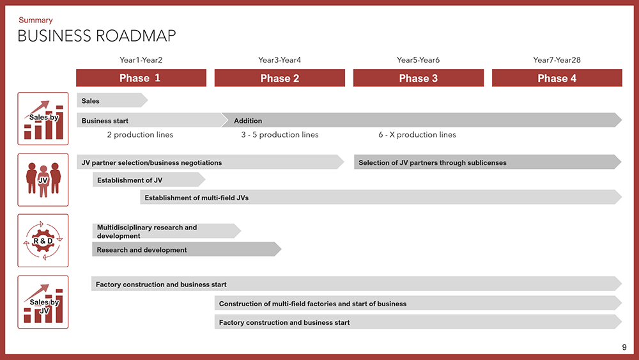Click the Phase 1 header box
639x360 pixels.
tap(141, 78)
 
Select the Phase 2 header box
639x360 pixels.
tap(280, 78)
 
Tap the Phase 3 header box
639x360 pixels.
tap(418, 78)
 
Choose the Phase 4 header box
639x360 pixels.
tap(557, 78)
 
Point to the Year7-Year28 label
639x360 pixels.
tap(557, 60)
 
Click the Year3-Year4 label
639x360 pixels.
tap(280, 60)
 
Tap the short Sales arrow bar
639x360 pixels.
tap(112, 100)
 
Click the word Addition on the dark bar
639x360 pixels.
tap(248, 121)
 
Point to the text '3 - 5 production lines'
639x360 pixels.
tap(280, 134)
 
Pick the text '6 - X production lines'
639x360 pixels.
tap(417, 134)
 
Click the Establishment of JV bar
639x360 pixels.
tap(149, 180)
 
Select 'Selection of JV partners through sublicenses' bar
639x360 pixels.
tap(488, 162)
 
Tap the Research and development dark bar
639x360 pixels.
tap(187, 249)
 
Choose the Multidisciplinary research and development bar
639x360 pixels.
tap(166, 231)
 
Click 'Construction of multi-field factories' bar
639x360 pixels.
tap(418, 303)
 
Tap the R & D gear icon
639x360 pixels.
tap(43, 240)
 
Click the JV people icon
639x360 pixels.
tap(43, 180)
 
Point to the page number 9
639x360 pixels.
tap(624, 347)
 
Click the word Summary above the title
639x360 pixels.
tap(35, 20)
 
